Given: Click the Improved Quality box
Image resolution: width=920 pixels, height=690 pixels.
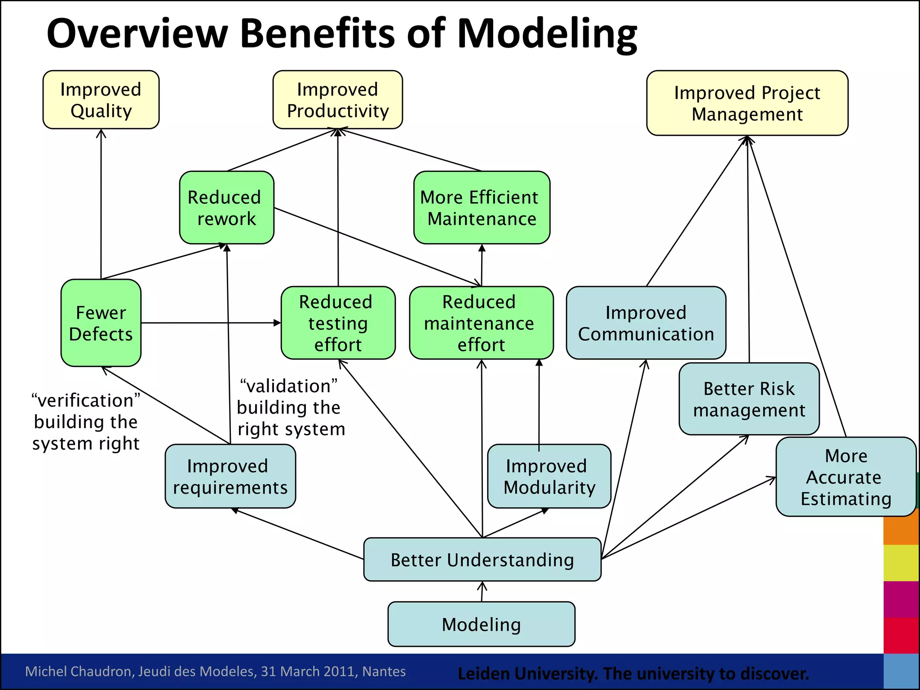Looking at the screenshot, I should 101,100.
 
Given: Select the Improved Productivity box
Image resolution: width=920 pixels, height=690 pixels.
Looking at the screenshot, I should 337,100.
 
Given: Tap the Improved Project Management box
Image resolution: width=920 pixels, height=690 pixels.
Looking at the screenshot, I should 747,103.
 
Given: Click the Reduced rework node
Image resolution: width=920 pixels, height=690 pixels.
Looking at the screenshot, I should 226,208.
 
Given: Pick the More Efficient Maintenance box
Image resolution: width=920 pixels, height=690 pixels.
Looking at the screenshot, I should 481,208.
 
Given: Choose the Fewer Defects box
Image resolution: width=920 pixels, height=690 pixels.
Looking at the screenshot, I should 101,323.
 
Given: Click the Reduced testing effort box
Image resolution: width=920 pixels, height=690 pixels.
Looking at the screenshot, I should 338,323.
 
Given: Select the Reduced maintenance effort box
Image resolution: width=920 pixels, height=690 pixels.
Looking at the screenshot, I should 481,323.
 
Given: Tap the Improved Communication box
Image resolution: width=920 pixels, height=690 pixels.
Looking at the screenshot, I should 646,323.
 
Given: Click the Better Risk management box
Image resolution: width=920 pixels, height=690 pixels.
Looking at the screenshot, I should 748,399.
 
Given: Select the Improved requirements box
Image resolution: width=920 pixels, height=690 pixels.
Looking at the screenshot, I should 230,476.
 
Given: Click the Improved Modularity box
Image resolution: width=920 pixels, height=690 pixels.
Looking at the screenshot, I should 548,476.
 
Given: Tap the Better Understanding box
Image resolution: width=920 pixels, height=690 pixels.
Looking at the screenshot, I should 482,560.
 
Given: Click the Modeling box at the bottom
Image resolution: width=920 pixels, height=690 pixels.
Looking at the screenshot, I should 481,624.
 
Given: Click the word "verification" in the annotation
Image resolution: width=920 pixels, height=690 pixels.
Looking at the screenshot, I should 86,400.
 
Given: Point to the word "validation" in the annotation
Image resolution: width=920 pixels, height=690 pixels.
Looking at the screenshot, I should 289,386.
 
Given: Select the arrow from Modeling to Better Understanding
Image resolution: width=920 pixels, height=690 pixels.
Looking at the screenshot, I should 482,592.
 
